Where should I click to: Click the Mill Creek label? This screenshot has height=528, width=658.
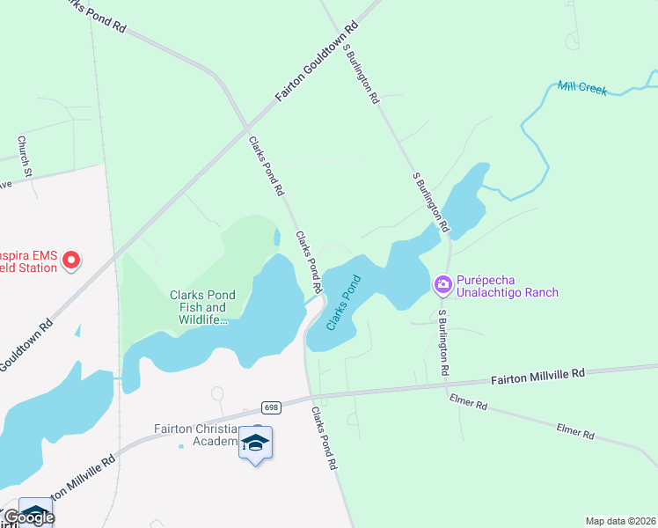click(581, 88)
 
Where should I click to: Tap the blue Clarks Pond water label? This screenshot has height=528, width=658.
click(344, 304)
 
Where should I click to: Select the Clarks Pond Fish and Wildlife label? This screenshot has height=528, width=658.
click(198, 308)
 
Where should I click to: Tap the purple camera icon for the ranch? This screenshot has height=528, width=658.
click(442, 283)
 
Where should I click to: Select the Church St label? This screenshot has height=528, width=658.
click(26, 155)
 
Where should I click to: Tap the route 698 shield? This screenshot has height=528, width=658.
click(271, 407)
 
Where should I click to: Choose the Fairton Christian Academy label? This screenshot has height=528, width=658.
click(196, 435)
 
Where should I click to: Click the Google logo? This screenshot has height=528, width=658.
click(28, 517)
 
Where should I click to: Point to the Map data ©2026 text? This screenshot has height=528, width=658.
click(621, 521)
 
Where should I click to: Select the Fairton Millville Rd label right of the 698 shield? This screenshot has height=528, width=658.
click(537, 376)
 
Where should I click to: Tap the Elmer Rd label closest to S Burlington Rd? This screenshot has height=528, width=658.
click(469, 404)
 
